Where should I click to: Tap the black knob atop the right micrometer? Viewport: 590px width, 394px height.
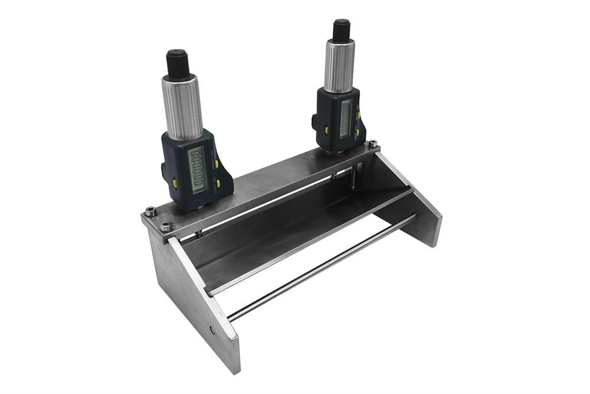(x=342, y=30)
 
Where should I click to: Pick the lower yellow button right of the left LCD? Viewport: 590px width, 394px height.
(x=218, y=184)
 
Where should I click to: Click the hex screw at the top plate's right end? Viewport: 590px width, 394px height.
(x=373, y=143)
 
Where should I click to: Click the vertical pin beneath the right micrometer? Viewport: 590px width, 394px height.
(x=353, y=177)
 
